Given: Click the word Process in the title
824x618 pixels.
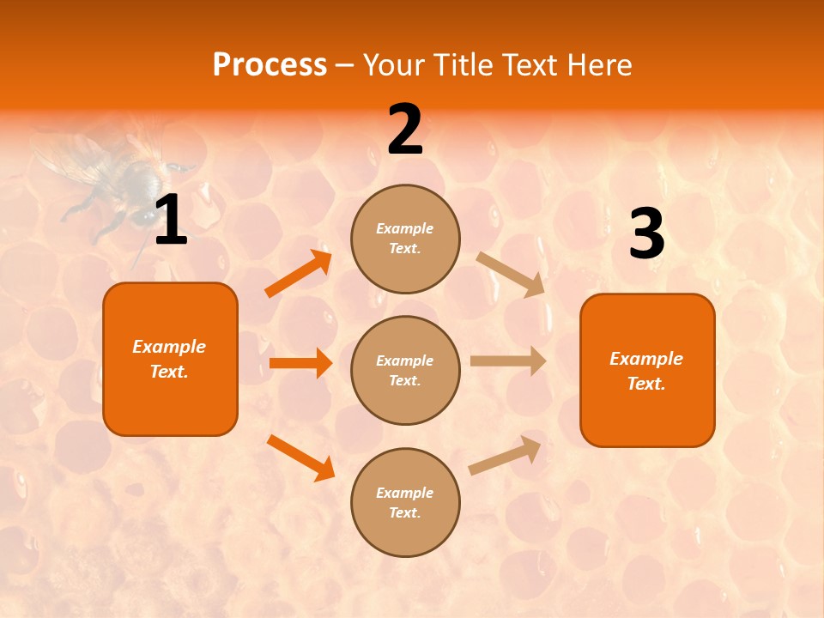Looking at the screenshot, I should point(270,65).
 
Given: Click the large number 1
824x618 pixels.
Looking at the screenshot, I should point(171,221).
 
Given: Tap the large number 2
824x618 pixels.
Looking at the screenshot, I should point(405,130).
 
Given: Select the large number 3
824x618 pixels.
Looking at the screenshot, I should point(646,234).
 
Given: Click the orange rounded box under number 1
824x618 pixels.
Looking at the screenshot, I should point(170,359).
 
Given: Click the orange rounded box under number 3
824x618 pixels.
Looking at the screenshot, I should point(647,370).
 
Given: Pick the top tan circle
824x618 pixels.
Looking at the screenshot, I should point(405,239).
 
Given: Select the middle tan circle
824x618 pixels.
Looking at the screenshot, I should point(405,370).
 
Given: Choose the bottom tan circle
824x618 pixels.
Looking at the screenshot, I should point(405,502).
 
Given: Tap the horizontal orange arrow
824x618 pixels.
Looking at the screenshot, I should point(300,363).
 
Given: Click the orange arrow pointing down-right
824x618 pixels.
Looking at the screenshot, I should point(300,457).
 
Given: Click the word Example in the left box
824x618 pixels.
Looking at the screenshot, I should point(169,347).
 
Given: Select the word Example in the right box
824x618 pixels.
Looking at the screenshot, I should point(646,359).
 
